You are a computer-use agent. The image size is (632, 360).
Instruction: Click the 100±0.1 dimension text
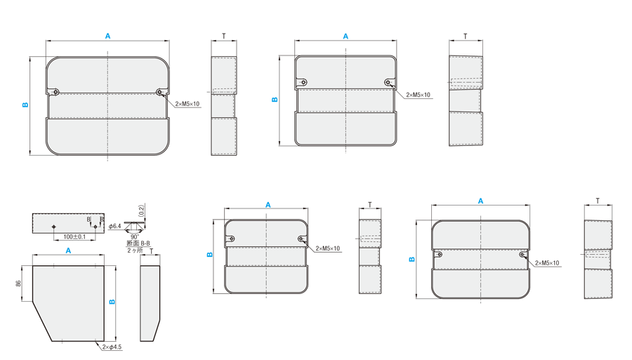pyautogui.click(x=74, y=236)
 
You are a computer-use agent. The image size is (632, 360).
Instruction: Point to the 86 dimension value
pyautogui.click(x=18, y=283)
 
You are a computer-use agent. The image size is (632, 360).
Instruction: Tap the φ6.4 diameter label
pyautogui.click(x=115, y=226)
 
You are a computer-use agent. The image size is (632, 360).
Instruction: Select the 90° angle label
pyautogui.click(x=135, y=237)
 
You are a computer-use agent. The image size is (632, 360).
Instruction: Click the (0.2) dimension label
pyautogui.click(x=140, y=211)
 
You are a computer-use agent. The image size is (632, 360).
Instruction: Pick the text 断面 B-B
pyautogui.click(x=138, y=244)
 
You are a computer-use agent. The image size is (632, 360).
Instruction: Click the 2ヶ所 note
pyautogui.click(x=135, y=250)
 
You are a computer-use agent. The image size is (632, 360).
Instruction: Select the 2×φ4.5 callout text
pyautogui.click(x=112, y=347)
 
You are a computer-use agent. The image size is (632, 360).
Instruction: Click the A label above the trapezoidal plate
pyautogui.click(x=68, y=251)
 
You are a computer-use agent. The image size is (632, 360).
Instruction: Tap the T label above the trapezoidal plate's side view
pyautogui.click(x=152, y=251)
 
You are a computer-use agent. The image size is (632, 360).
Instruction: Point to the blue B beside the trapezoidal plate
pyautogui.click(x=112, y=301)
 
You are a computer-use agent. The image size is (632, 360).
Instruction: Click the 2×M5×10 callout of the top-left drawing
pyautogui.click(x=187, y=104)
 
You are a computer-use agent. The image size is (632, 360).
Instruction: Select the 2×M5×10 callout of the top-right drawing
pyautogui.click(x=418, y=95)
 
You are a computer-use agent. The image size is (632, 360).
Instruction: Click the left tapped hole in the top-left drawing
pyautogui.click(x=55, y=92)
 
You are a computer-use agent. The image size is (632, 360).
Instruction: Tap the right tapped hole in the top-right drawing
pyautogui.click(x=388, y=83)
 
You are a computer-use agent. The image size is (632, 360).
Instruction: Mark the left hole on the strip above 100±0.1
pyautogui.click(x=54, y=226)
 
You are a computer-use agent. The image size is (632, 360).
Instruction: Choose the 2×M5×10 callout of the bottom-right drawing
pyautogui.click(x=547, y=263)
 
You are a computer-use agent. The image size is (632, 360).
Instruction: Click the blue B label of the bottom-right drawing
pyautogui.click(x=412, y=260)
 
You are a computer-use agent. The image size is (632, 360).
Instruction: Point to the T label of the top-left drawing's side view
pyautogui.click(x=224, y=36)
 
